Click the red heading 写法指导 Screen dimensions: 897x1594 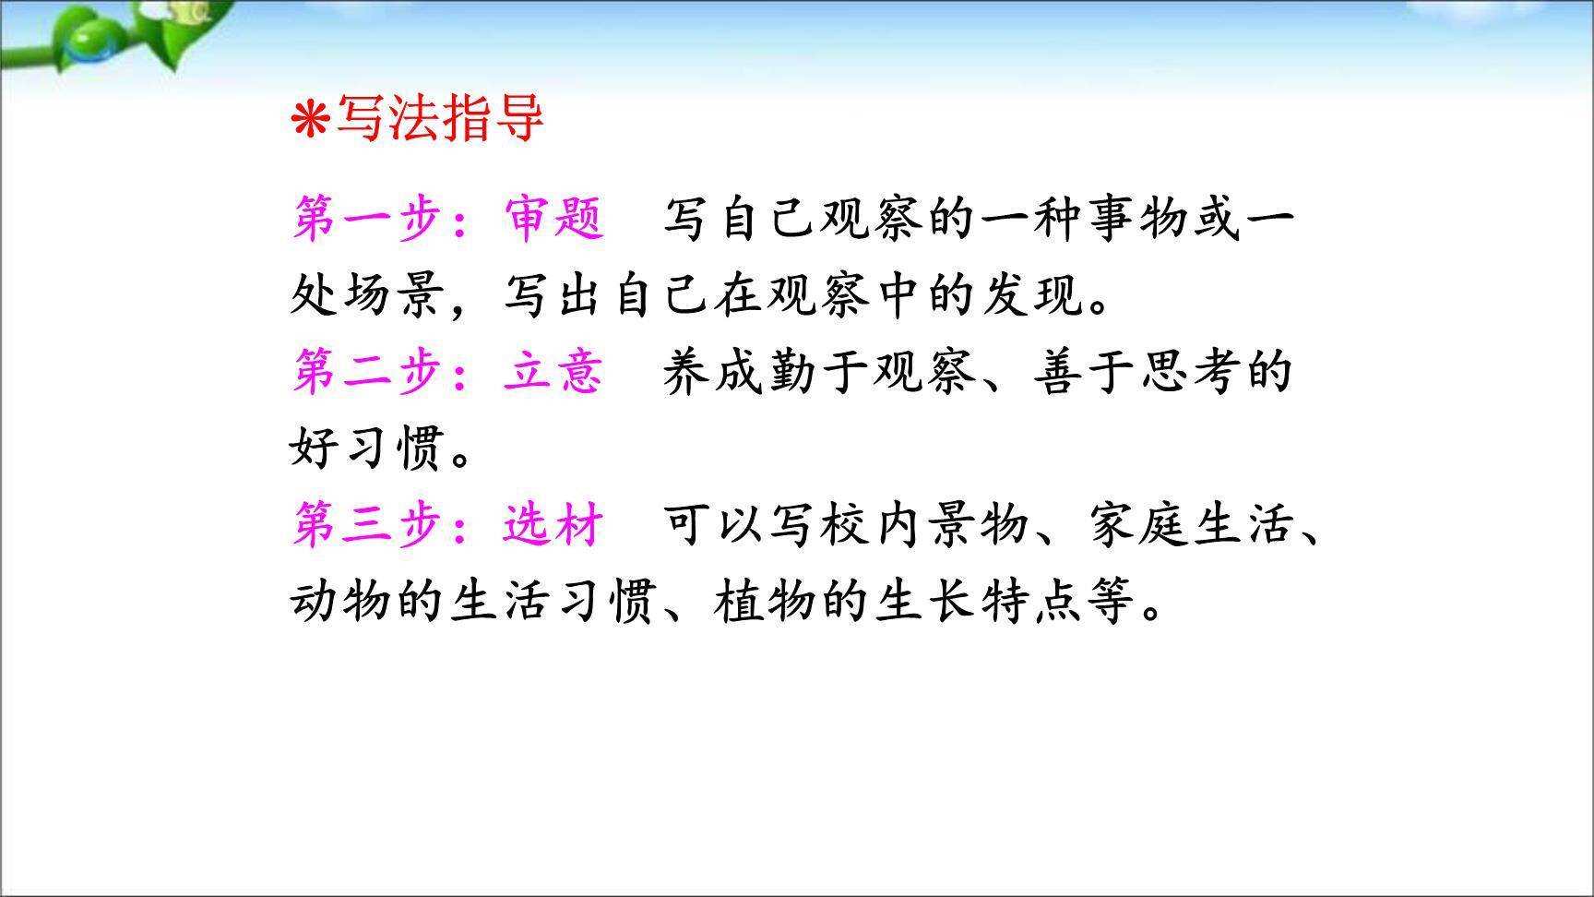[x=439, y=119]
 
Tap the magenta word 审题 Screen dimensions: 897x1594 [x=553, y=219]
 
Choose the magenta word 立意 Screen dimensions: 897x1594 [x=553, y=372]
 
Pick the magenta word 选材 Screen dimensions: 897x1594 [x=553, y=525]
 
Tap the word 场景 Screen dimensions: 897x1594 [x=398, y=295]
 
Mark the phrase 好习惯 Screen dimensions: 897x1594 [x=369, y=448]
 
